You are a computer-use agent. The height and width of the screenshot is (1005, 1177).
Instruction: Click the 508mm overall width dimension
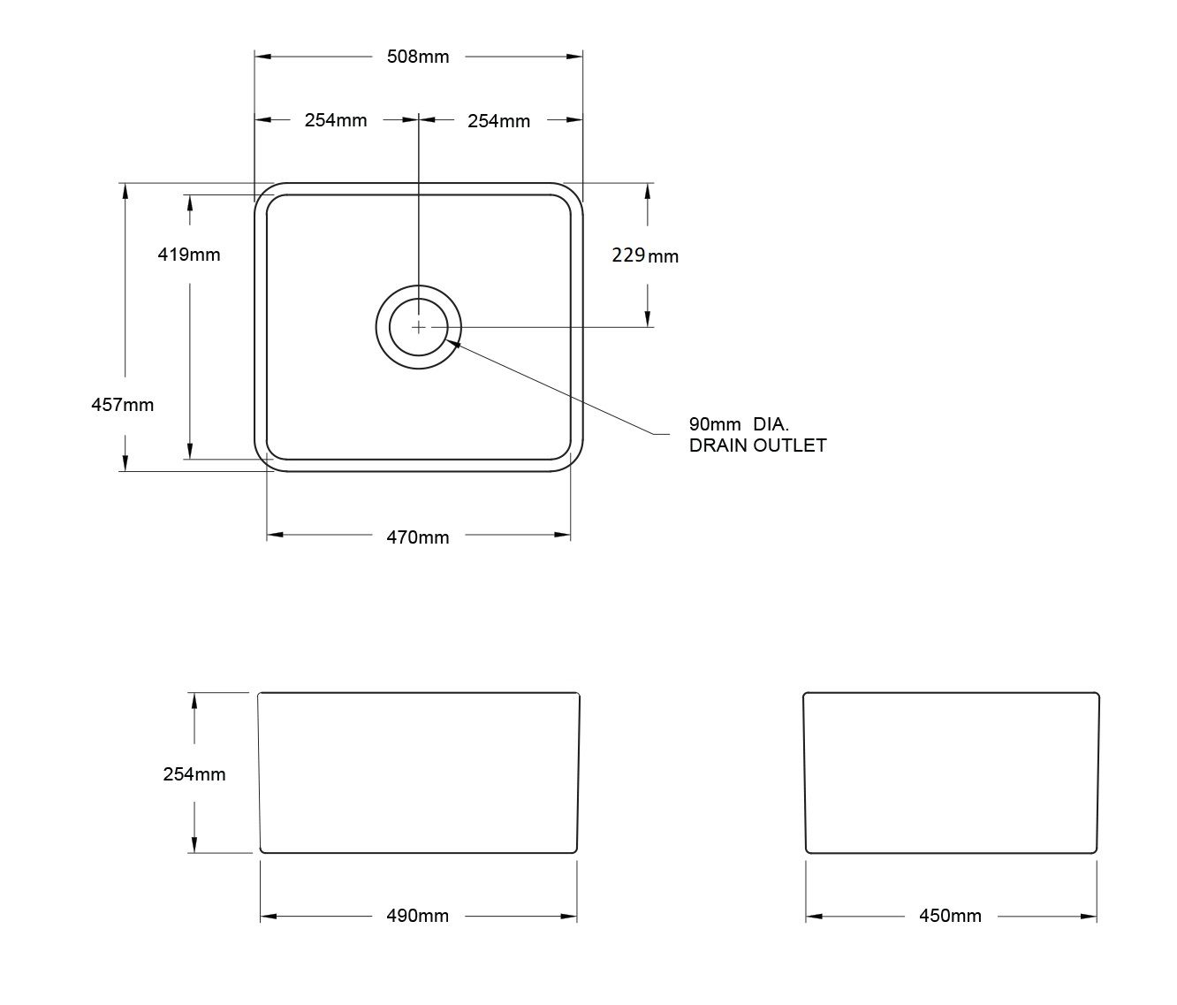click(418, 57)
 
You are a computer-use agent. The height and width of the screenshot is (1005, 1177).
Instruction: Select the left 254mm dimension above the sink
click(336, 120)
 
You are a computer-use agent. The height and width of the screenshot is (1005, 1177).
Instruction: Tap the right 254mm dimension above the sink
click(498, 121)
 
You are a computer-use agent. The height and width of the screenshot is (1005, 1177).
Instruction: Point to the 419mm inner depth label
click(188, 255)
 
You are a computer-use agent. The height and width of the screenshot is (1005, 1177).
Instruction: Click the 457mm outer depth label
click(123, 405)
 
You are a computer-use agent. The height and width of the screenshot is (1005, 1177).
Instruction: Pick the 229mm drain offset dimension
click(645, 255)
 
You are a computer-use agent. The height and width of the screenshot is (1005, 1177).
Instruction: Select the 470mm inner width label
click(418, 537)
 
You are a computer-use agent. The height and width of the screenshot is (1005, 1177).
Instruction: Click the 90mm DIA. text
click(739, 424)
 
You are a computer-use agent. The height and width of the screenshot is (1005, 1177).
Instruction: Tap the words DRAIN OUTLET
click(757, 445)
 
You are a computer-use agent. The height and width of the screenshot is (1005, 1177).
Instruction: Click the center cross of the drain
click(418, 327)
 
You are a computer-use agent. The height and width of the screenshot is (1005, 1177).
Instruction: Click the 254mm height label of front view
click(194, 774)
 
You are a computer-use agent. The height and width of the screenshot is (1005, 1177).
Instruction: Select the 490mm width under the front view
click(418, 917)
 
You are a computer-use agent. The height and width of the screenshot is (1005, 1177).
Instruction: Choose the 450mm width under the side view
click(950, 917)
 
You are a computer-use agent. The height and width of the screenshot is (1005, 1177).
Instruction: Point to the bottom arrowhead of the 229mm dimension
click(648, 319)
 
